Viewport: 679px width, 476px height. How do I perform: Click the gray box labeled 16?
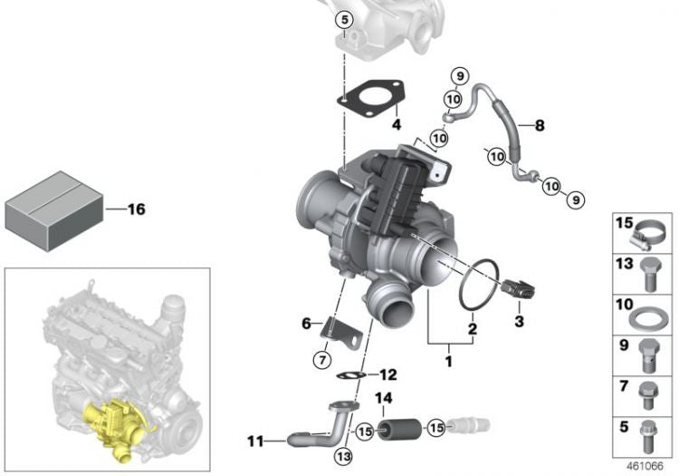click(x=54, y=211)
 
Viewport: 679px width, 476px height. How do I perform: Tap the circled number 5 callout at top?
click(x=345, y=20)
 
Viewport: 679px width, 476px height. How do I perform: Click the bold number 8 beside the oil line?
click(x=540, y=126)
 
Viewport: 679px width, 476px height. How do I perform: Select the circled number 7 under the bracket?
click(x=322, y=360)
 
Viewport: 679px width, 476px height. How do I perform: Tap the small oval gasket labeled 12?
click(x=350, y=375)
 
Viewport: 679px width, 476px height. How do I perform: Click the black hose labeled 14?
click(x=399, y=429)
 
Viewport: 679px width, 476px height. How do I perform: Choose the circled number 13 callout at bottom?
click(x=344, y=456)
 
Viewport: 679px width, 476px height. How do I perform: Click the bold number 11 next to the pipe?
click(x=255, y=442)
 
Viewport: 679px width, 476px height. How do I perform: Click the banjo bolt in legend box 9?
click(x=649, y=356)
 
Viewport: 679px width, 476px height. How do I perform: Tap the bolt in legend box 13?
click(x=649, y=275)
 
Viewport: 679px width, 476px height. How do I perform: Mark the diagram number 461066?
click(x=646, y=466)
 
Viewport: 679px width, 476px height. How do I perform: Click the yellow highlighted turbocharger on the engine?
click(x=115, y=427)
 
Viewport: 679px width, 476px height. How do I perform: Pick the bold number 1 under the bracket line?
click(x=449, y=361)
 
